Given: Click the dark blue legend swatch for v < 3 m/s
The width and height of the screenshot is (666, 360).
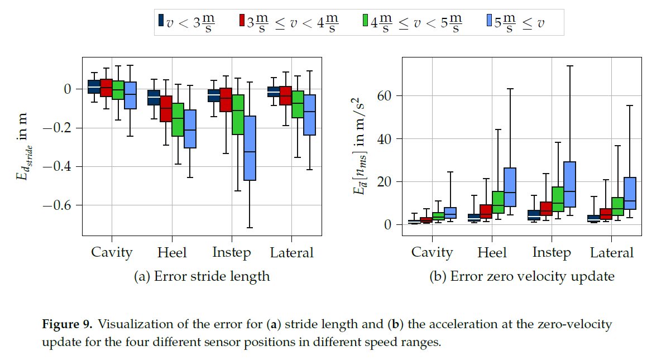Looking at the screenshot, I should point(161,21).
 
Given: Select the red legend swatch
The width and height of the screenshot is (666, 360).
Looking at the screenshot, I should point(242,21).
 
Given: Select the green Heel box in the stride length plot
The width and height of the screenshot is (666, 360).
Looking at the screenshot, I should point(178,119).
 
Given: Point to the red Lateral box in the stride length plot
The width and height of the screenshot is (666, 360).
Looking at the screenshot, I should point(285,95).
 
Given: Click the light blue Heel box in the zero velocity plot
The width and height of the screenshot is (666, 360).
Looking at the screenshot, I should point(510,187).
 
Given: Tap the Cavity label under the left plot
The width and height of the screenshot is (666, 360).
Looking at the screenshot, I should point(112,252).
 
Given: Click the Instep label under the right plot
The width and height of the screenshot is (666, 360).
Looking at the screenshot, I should point(552,252).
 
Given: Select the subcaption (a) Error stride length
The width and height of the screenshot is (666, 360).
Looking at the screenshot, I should point(202,276).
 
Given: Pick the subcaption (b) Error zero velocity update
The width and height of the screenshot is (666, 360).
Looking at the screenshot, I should point(521,276).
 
